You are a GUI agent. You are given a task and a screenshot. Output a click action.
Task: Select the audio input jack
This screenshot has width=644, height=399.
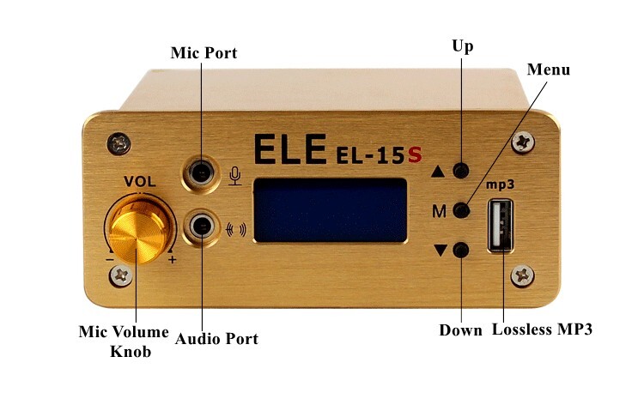[202, 227]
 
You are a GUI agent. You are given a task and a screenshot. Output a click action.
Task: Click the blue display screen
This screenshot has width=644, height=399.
[330, 209]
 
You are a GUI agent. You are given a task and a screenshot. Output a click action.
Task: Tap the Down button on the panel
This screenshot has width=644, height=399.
[462, 251]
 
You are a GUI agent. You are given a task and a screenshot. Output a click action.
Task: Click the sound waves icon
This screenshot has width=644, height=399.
[234, 229]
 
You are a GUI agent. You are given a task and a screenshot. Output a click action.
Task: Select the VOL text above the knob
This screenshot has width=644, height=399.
[139, 181]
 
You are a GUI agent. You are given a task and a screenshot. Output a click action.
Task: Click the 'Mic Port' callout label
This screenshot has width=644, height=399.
[204, 53]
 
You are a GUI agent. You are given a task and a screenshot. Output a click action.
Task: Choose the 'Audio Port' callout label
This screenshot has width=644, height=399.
[216, 339]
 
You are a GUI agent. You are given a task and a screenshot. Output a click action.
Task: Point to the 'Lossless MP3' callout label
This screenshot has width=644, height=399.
[542, 329]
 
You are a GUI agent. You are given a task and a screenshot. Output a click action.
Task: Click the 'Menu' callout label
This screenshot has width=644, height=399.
[548, 69]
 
